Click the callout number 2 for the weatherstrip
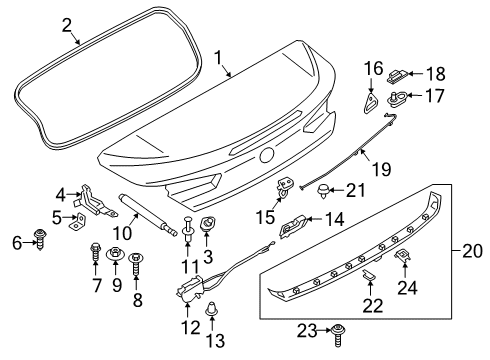click(x=67, y=24)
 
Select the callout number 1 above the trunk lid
click(x=218, y=59)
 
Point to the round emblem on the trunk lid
click(x=267, y=155)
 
